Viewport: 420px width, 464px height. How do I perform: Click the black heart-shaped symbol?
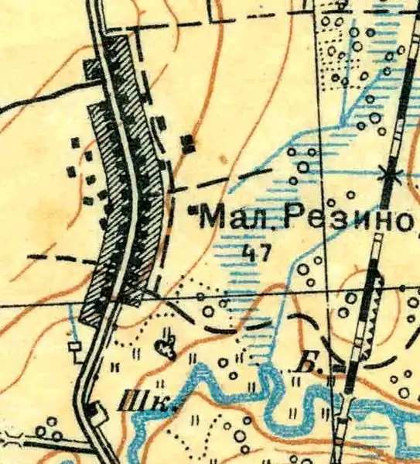165,350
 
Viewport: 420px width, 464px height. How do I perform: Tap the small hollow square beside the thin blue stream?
76,349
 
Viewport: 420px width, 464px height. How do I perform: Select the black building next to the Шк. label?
94,411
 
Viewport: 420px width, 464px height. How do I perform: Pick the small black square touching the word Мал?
192,209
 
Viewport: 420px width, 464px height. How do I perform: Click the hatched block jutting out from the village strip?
93,70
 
